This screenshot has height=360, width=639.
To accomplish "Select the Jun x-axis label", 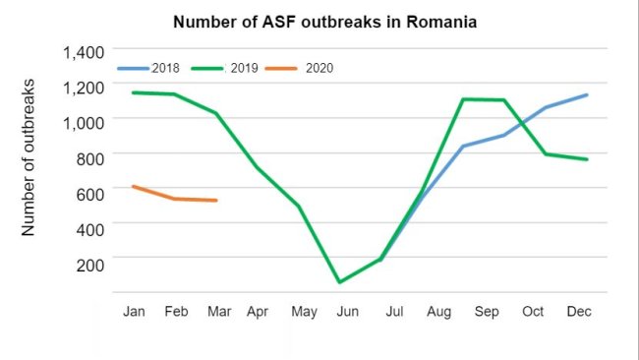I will [x=346, y=312].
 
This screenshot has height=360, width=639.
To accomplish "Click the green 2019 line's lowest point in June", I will [x=339, y=282].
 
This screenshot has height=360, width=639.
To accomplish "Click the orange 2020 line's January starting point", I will [x=133, y=186].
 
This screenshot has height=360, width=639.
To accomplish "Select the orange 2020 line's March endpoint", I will [x=216, y=201].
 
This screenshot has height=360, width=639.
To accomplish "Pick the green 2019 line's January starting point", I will [x=133, y=92].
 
